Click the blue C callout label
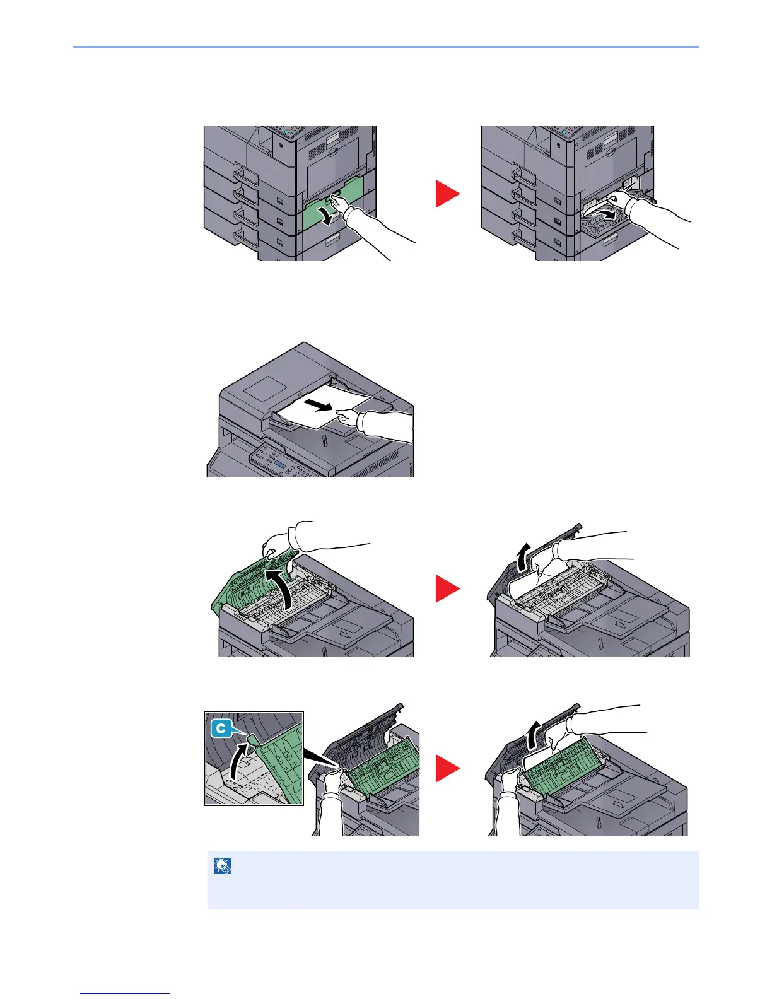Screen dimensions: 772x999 click(220, 728)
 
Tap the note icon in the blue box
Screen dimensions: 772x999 click(223, 867)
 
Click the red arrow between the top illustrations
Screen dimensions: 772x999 click(448, 194)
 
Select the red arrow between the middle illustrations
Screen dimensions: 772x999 click(448, 590)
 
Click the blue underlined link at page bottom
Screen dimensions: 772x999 click(126, 993)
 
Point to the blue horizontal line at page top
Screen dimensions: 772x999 click(386, 47)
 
